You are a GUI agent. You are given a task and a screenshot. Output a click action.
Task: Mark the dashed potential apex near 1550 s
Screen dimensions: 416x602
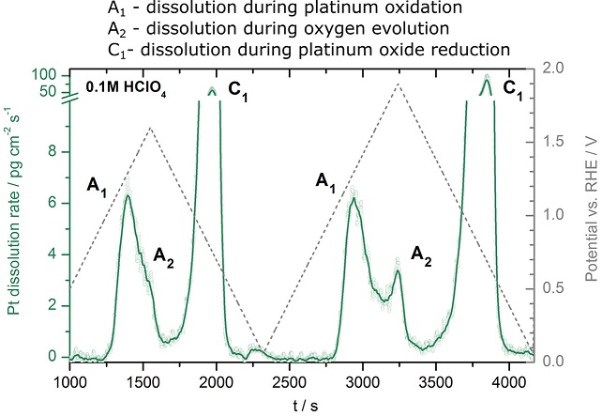pos(150,128)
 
